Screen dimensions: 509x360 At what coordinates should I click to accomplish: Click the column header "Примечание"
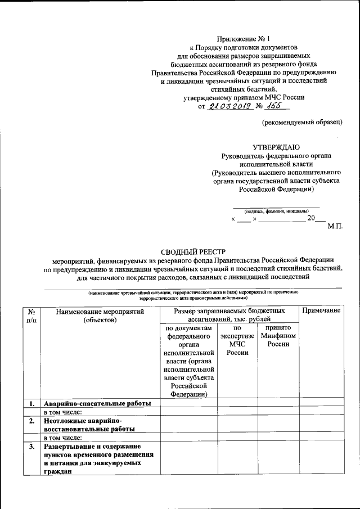coord(321,311)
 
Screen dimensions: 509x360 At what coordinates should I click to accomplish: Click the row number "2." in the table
coord(32,420)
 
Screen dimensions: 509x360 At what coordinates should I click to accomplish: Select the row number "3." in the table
coord(32,446)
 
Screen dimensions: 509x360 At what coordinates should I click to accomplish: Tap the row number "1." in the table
coord(32,403)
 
